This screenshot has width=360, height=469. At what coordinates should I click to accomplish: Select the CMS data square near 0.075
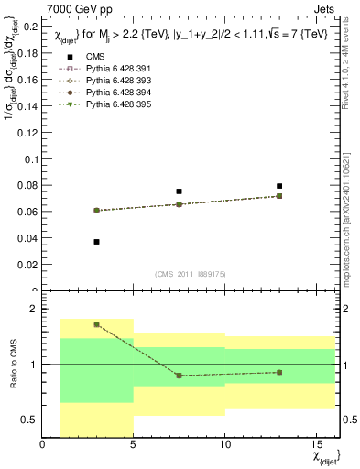coord(179,191)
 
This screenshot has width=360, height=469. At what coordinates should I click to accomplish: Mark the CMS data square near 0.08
coord(279,186)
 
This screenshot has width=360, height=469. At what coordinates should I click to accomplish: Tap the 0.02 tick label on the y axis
coord(27,265)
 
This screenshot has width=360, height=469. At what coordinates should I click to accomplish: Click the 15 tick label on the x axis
coord(316,445)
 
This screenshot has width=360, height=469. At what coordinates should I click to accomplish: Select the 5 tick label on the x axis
coord(133,445)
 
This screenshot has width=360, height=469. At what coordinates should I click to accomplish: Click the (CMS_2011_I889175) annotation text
coord(191,273)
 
